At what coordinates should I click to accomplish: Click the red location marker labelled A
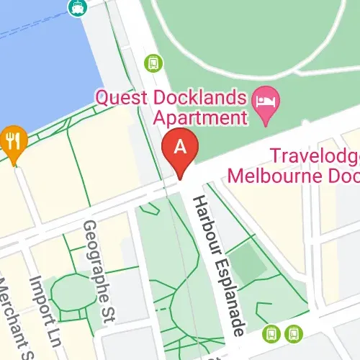pyautogui.click(x=181, y=148)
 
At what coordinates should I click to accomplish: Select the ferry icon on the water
pyautogui.click(x=75, y=7)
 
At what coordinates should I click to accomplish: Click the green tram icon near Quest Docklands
pyautogui.click(x=153, y=63)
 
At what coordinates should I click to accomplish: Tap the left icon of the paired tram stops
pyautogui.click(x=271, y=333)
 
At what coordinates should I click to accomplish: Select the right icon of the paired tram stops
pyautogui.click(x=293, y=333)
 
